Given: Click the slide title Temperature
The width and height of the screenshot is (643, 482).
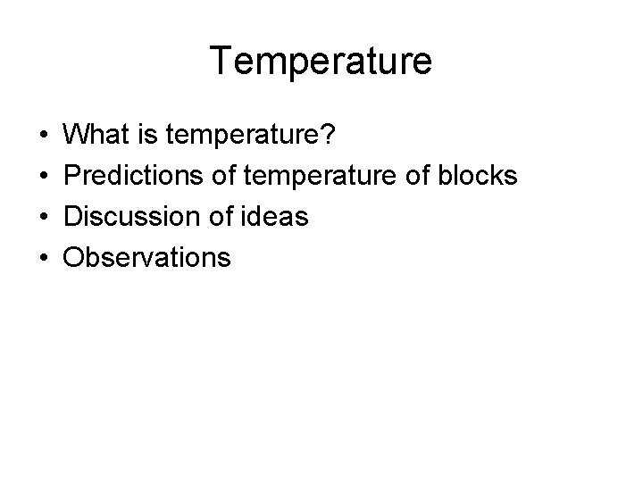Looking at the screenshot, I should [x=321, y=61].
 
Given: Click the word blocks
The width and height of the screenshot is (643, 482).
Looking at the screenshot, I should [x=479, y=176].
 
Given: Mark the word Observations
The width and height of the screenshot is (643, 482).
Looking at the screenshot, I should [x=148, y=258].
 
